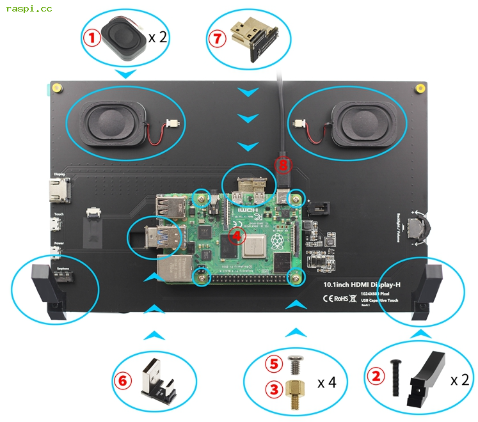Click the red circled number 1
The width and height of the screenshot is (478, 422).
[x=92, y=38]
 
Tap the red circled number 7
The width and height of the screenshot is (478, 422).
[x=218, y=38]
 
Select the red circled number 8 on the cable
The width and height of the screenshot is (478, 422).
[x=283, y=165]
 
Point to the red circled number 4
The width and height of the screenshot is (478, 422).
[x=237, y=236]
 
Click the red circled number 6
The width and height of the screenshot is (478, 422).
[x=122, y=380]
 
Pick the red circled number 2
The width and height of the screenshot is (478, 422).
[x=376, y=376]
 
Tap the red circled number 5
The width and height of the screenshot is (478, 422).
[x=275, y=364]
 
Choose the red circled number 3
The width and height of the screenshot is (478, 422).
[x=275, y=389]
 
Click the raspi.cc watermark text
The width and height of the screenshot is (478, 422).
[x=29, y=8]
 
